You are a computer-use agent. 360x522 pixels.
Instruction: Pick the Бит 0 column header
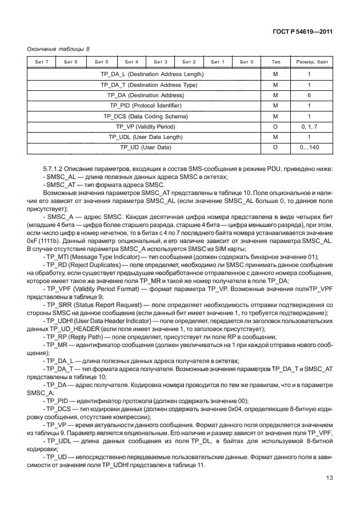(246, 62)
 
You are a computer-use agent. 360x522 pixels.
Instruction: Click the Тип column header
(275, 62)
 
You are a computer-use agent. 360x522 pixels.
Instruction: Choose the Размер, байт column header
(309, 62)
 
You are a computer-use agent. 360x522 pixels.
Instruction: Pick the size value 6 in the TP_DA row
(309, 95)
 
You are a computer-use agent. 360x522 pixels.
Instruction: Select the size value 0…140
(309, 148)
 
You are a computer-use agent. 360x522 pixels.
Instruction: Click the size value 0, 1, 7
(309, 126)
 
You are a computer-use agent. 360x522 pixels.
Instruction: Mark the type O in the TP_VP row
(275, 126)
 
